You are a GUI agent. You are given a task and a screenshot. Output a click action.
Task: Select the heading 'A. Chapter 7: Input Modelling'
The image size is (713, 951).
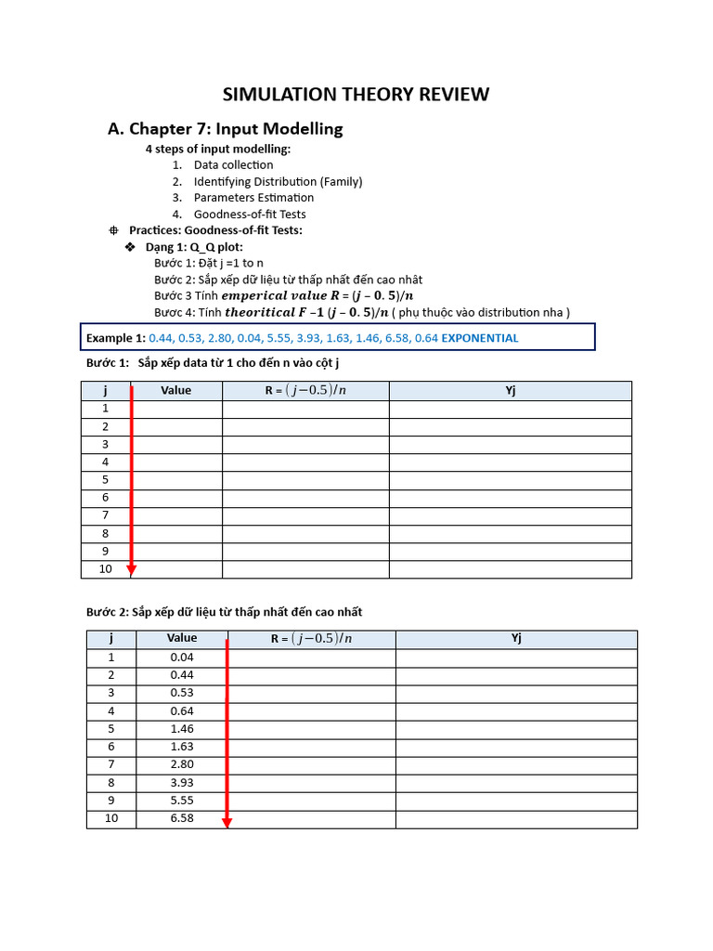pos(226,129)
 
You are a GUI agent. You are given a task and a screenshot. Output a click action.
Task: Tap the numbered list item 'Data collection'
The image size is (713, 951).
pos(233,165)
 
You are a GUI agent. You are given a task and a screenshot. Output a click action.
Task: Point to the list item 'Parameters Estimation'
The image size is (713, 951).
pos(253,198)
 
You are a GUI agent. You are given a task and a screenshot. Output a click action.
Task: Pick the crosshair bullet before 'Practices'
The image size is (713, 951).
pos(113,230)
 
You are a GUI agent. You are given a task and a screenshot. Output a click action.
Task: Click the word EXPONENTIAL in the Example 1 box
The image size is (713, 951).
pos(480,338)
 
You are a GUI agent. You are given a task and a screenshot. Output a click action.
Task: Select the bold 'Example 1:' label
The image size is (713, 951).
pos(116,338)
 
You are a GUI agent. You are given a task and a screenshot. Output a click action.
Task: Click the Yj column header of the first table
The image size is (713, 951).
pos(510,391)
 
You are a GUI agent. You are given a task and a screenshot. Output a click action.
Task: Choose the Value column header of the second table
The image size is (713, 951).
pos(182,638)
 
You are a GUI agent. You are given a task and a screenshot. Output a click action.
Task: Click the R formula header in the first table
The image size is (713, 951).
pos(305,391)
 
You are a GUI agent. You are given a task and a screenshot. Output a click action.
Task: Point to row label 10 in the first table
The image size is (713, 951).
pos(105,569)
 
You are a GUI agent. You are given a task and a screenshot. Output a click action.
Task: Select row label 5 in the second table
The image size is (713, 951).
pos(110,729)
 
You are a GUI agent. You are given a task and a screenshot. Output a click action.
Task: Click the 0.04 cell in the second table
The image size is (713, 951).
pos(182,658)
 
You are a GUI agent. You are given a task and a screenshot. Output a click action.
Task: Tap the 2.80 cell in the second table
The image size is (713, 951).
pos(182,765)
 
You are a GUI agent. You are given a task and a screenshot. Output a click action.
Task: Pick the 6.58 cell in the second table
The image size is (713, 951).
pos(182,819)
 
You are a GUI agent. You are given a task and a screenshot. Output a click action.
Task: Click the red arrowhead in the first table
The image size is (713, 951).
pos(132,569)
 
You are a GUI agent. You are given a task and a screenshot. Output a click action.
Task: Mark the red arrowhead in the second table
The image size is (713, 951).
pos(227,822)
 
